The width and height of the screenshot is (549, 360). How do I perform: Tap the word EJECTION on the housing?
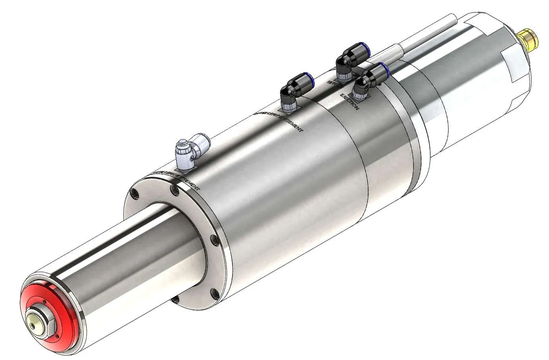350,102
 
